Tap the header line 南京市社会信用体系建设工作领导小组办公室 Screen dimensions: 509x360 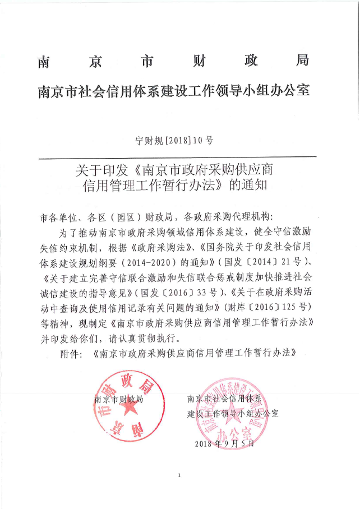pos(174,90)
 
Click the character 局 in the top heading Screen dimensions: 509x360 pos(301,61)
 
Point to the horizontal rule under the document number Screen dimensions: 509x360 pos(179,157)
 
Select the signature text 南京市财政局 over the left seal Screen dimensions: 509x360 pos(119,400)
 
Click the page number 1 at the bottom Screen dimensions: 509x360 pos(179,475)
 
